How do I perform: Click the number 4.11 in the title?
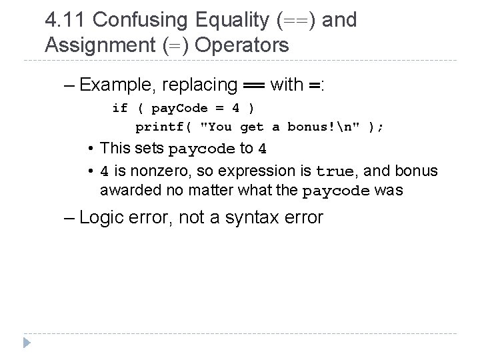(x=65, y=20)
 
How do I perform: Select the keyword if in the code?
(x=120, y=108)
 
